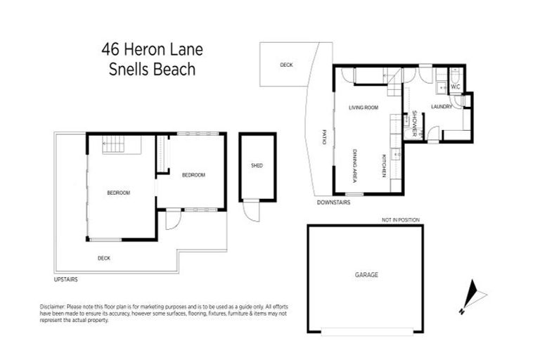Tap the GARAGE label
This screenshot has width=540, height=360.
366,275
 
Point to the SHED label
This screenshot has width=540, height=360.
257,166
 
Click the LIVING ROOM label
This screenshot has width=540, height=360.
364,108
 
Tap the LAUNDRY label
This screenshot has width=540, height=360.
442,107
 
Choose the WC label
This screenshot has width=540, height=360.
456,87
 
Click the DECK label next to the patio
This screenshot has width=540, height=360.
286,65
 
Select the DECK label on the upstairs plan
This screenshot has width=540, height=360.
104,258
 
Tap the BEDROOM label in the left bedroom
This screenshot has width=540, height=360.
118,193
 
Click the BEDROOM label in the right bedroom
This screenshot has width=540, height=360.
193,175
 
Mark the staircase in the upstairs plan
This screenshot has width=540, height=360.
114,146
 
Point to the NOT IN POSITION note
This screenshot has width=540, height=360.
400,220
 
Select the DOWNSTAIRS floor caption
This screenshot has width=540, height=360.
333,202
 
